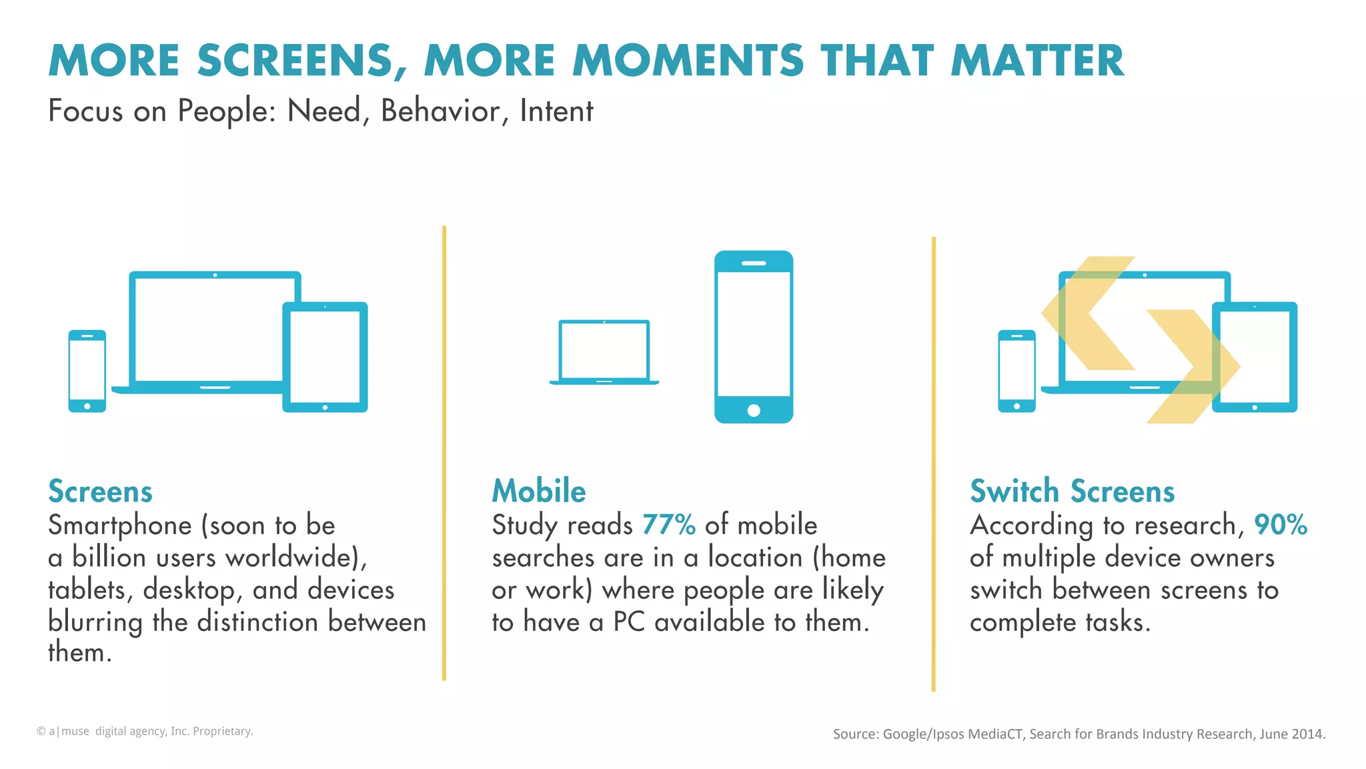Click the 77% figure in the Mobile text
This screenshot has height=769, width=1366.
(668, 525)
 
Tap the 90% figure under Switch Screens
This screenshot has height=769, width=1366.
(1280, 525)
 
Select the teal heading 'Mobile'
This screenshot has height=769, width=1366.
(539, 491)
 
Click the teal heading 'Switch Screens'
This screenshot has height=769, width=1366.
(1072, 491)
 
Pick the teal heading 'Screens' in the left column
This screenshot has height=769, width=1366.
(100, 492)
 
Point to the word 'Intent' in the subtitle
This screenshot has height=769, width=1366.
(556, 111)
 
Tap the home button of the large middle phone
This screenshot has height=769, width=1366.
(754, 410)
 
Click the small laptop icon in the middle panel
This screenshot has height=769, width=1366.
(604, 352)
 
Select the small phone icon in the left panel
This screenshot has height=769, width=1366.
(87, 371)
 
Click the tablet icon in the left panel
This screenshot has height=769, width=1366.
(325, 357)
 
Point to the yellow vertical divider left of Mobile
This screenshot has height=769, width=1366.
(444, 454)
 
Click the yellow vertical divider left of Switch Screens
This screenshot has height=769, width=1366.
(933, 464)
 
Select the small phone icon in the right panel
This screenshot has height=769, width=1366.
(1016, 371)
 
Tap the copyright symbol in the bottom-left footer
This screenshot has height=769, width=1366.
(41, 732)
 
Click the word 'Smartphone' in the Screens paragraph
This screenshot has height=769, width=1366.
(119, 526)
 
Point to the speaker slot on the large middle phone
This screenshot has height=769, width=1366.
(754, 263)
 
